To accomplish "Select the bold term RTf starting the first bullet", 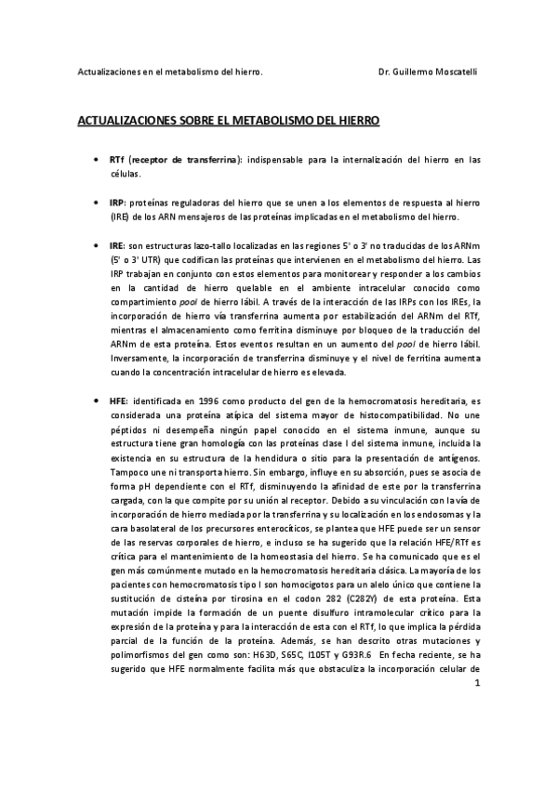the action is tap(117, 160).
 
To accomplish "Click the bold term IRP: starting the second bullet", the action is tap(117, 203).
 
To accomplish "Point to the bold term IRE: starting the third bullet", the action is tap(117, 245).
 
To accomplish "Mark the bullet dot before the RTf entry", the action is tap(97, 160).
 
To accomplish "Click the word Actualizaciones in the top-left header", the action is tap(109, 72).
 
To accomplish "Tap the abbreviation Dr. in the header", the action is tap(387, 72).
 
